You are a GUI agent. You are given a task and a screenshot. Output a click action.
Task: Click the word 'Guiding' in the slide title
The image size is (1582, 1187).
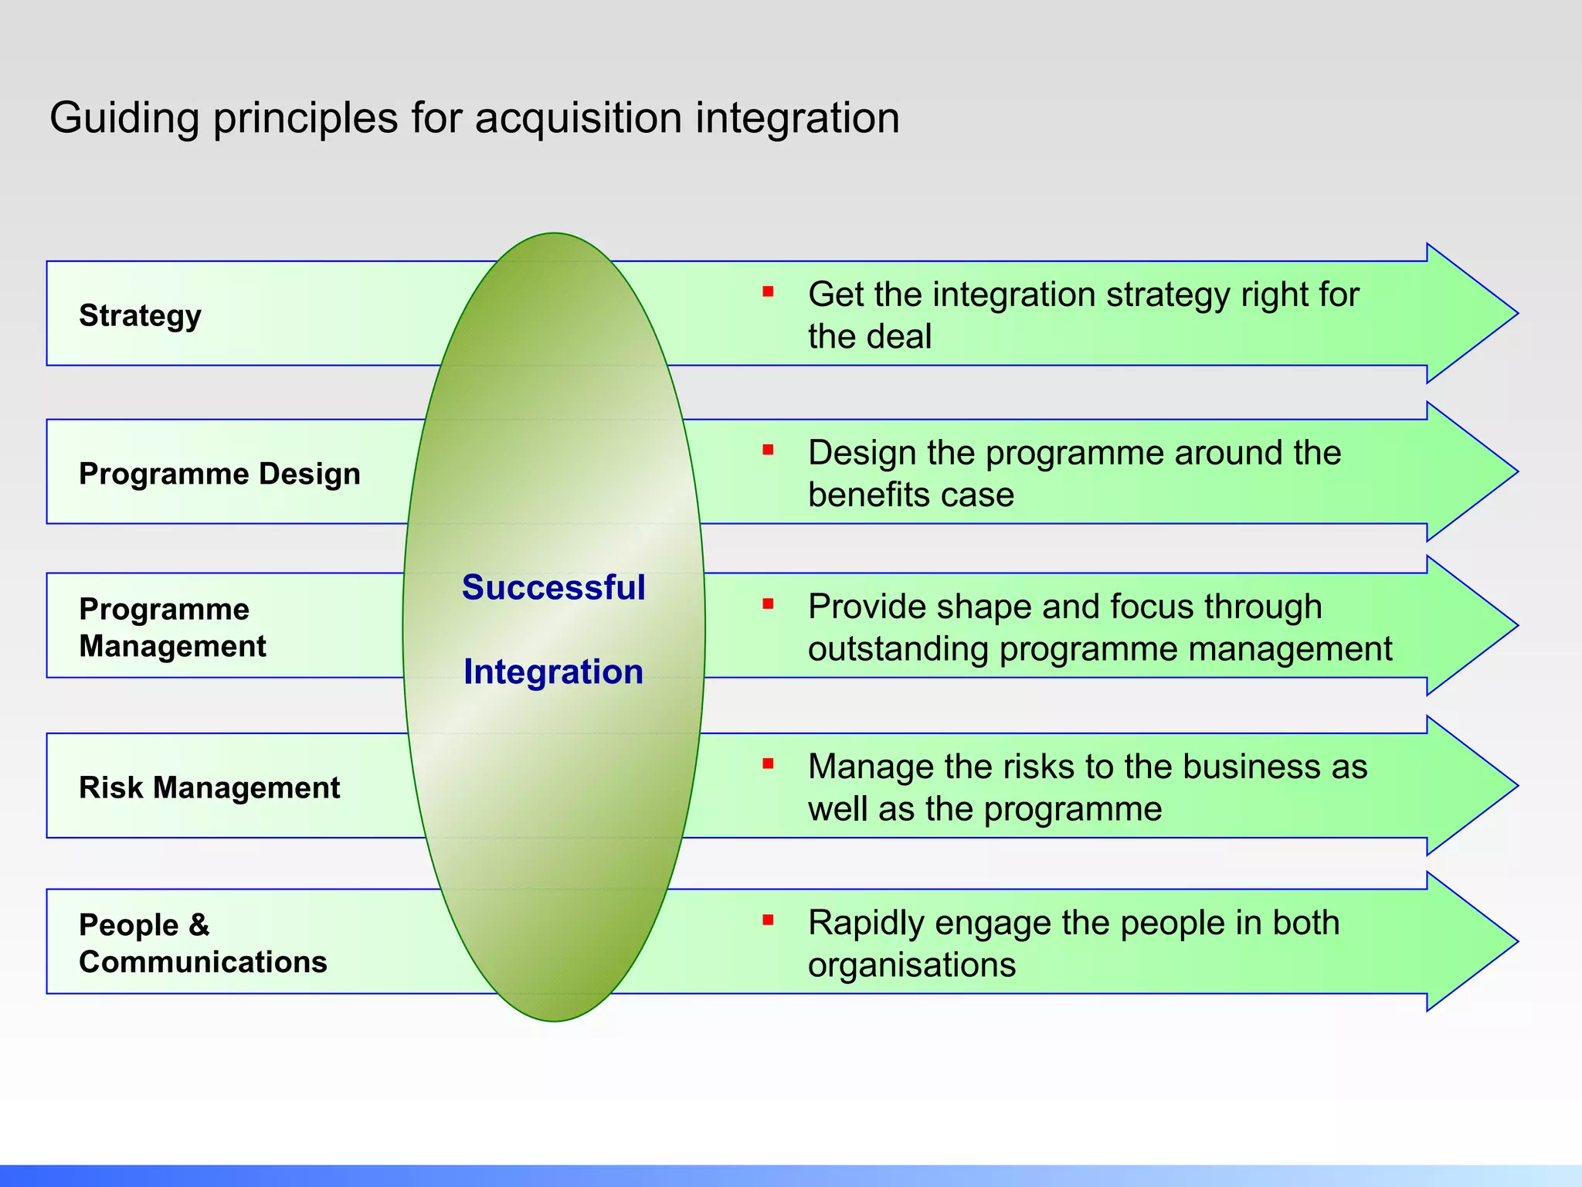click(124, 118)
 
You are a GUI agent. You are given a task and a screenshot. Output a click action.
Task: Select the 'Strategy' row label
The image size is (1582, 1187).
click(140, 315)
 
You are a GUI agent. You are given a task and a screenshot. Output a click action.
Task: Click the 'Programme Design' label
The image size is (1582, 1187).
click(219, 473)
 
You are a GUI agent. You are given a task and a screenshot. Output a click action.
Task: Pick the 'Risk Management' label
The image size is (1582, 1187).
click(209, 787)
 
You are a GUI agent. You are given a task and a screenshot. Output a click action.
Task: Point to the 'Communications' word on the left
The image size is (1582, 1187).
click(203, 962)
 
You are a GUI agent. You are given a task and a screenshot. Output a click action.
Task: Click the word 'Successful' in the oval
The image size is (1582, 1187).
click(553, 587)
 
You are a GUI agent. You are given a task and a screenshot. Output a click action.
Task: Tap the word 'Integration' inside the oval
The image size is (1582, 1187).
click(553, 672)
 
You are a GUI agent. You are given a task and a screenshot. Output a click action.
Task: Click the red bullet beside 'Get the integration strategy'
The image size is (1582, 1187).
click(768, 291)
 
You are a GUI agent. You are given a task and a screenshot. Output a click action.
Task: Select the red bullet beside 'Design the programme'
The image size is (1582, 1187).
click(768, 450)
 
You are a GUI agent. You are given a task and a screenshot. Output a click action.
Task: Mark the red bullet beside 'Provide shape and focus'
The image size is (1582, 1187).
click(768, 604)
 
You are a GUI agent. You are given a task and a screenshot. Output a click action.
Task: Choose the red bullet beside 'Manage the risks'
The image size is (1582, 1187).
click(768, 764)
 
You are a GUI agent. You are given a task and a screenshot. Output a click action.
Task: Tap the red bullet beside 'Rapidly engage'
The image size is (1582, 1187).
click(768, 920)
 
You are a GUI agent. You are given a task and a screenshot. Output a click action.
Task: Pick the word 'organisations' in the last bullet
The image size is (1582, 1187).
click(912, 965)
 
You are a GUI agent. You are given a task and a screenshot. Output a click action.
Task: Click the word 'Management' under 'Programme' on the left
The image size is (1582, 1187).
click(172, 646)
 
